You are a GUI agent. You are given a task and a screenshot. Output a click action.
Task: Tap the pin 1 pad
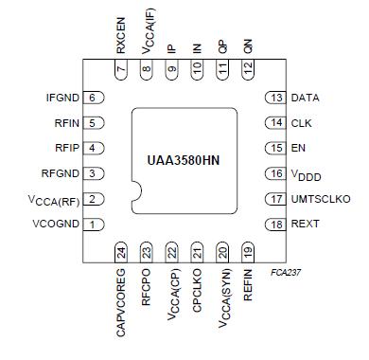pos(93,225)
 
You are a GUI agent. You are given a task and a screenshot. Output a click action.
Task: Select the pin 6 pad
pos(93,98)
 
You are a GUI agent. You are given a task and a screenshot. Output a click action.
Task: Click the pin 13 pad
pos(275,98)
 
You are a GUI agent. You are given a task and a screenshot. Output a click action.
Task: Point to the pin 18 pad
pos(275,225)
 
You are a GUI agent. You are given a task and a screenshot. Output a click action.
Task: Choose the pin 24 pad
pos(122,253)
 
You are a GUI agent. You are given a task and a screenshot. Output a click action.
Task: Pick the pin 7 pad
pos(122,69)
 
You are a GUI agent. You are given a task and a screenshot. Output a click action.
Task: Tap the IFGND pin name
pos(63,98)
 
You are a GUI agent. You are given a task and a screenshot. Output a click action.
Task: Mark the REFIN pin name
pos(248,284)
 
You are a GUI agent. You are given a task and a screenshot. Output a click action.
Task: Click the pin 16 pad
pos(275,173)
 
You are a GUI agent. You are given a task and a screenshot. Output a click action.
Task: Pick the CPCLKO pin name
pos(198,289)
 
